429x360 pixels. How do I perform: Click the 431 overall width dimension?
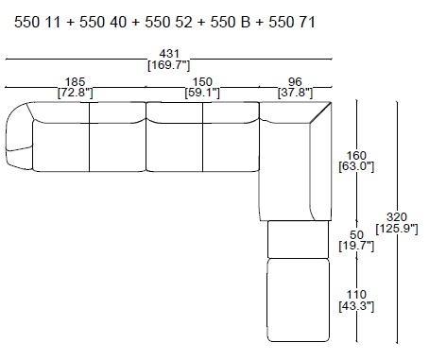[x=169, y=54]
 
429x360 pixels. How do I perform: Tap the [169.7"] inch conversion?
[x=169, y=65]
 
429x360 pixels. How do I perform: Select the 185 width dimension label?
[x=75, y=82]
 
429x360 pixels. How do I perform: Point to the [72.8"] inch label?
[x=75, y=93]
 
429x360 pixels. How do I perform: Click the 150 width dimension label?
[x=202, y=82]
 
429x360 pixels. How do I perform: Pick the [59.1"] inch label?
[x=202, y=93]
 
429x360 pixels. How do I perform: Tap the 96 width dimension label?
[x=295, y=82]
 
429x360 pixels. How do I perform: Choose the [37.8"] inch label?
[x=295, y=93]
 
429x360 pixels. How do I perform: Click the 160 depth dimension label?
[x=356, y=156]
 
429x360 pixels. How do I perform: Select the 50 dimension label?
[x=356, y=234]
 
